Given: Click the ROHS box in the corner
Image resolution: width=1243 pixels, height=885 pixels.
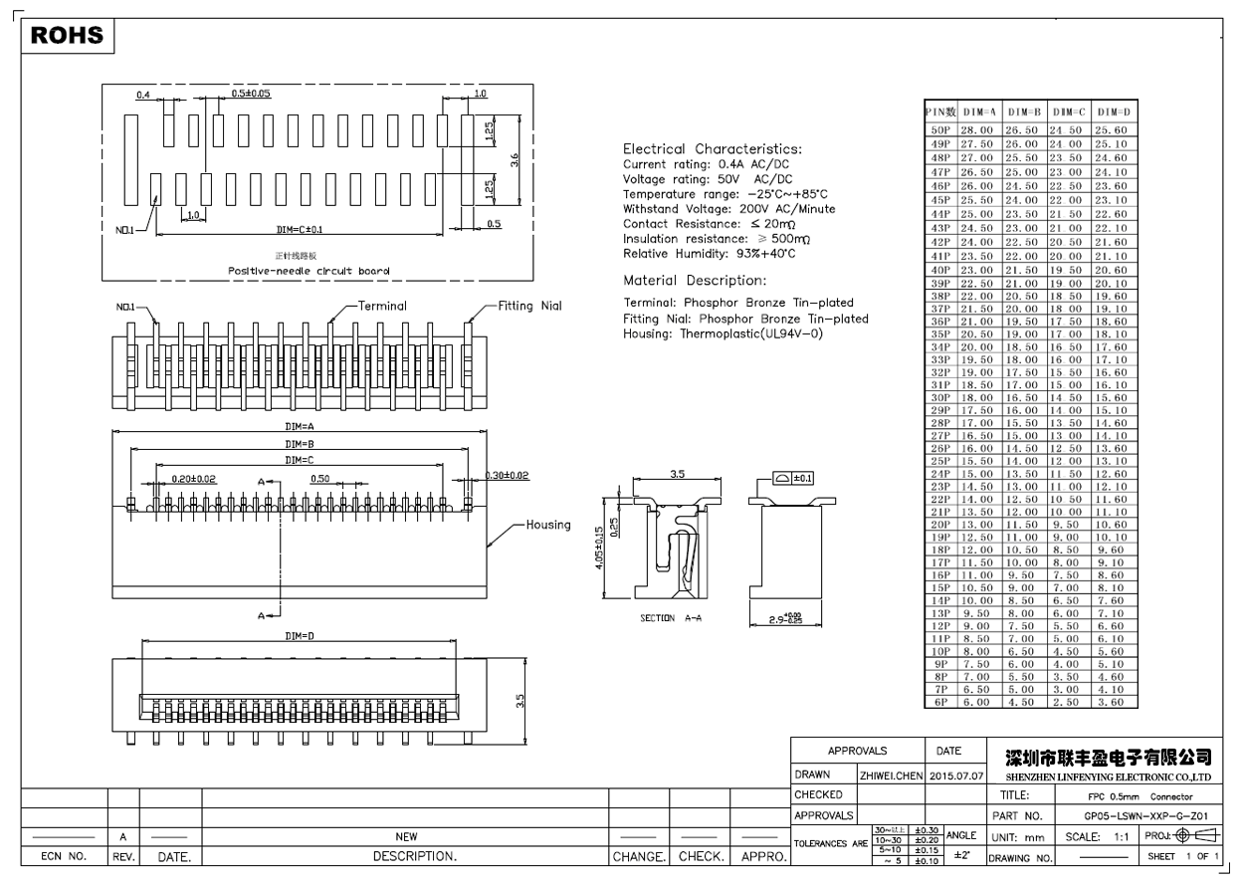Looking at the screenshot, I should [68, 36].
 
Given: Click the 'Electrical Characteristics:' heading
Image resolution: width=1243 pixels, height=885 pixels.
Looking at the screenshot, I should [712, 149].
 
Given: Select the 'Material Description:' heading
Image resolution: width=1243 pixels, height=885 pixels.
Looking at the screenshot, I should [694, 280].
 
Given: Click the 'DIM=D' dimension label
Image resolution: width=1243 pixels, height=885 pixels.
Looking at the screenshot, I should [300, 634].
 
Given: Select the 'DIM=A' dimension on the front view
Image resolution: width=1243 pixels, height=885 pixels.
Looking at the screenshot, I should [300, 427].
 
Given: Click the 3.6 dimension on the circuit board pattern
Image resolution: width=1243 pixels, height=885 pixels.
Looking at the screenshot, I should [514, 159].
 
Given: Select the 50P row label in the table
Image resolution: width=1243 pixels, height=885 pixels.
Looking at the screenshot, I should [939, 130].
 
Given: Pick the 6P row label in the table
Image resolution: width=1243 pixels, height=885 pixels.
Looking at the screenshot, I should [939, 702].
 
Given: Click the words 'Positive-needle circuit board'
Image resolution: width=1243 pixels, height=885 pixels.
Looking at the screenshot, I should [295, 270].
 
